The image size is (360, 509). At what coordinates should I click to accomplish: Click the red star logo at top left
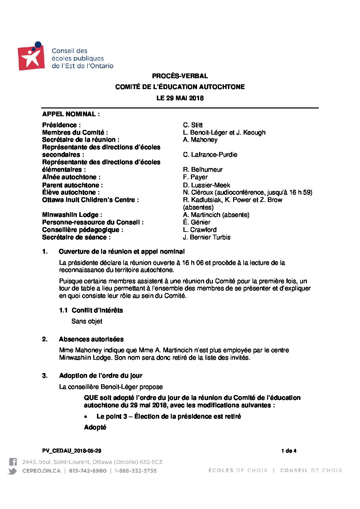click(31, 57)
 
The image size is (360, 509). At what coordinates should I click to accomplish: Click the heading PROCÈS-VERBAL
click(180, 76)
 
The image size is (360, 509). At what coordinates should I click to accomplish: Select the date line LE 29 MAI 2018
click(180, 98)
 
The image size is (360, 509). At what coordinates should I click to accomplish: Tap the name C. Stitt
click(193, 125)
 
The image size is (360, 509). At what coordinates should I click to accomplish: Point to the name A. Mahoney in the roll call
click(200, 140)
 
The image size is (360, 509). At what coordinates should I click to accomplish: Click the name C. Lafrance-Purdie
click(210, 155)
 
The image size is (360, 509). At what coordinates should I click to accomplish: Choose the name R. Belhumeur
click(203, 170)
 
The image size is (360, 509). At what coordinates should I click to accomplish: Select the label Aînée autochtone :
click(71, 177)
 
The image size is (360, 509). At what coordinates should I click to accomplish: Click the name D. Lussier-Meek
click(207, 185)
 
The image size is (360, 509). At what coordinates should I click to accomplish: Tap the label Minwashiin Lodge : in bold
click(72, 215)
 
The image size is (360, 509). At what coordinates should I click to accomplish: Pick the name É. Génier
click(197, 222)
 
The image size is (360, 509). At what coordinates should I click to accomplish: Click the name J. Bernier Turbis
click(207, 237)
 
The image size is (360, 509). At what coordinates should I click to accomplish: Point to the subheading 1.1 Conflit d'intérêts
click(91, 310)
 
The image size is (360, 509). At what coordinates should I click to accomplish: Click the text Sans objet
click(87, 321)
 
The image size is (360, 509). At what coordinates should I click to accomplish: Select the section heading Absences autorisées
click(91, 339)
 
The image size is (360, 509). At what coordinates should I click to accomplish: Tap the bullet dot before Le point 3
click(86, 417)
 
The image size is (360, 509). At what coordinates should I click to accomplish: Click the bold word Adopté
click(95, 427)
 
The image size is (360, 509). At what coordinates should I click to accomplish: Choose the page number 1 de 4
click(289, 451)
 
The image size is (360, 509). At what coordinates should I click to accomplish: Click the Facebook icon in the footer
click(13, 462)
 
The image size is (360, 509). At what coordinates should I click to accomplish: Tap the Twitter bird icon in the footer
click(12, 471)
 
